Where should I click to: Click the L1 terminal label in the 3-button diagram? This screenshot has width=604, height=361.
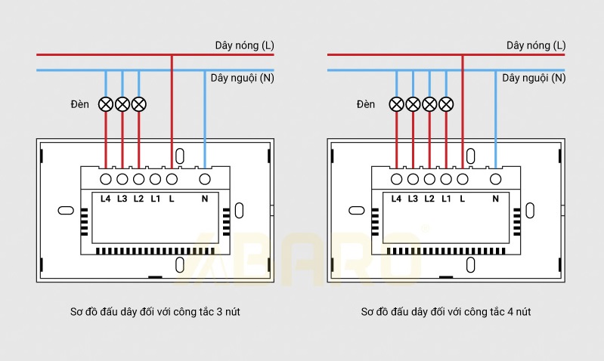pyautogui.click(x=155, y=199)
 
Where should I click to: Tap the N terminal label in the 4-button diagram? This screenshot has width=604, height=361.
pyautogui.click(x=495, y=199)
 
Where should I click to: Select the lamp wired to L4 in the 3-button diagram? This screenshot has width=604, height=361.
pyautogui.click(x=105, y=103)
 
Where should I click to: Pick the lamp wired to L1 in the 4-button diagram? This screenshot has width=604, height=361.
pyautogui.click(x=446, y=103)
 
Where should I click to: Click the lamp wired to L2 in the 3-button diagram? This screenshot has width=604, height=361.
pyautogui.click(x=138, y=103)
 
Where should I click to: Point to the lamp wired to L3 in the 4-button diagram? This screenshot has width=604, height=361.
pyautogui.click(x=413, y=103)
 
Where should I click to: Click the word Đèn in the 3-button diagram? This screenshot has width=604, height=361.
pyautogui.click(x=80, y=104)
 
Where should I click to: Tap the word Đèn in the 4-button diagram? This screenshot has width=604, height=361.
pyautogui.click(x=366, y=104)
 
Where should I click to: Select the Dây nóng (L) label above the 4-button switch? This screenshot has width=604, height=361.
pyautogui.click(x=536, y=46)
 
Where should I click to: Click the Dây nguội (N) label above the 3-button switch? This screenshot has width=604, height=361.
pyautogui.click(x=242, y=78)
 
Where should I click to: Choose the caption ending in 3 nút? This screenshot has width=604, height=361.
pyautogui.click(x=154, y=311)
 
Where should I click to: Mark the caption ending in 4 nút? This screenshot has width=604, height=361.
pyautogui.click(x=446, y=311)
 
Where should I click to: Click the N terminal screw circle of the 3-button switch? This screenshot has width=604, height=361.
pyautogui.click(x=204, y=179)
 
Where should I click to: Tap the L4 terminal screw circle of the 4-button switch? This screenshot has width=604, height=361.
pyautogui.click(x=396, y=179)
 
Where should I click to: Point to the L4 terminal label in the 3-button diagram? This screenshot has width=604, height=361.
pyautogui.click(x=105, y=199)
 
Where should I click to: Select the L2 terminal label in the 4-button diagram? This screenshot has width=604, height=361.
pyautogui.click(x=429, y=199)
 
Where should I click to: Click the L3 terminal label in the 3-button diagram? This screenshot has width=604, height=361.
pyautogui.click(x=122, y=199)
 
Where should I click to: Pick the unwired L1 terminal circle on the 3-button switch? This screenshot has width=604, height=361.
pyautogui.click(x=155, y=179)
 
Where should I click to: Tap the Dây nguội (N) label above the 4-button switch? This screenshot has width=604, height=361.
pyautogui.click(x=534, y=78)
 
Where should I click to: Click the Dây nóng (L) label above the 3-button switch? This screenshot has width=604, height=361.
pyautogui.click(x=245, y=46)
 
